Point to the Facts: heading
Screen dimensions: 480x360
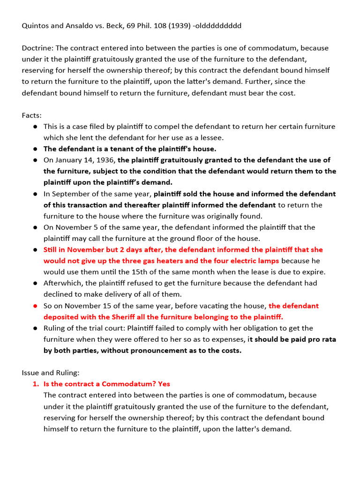[32, 115]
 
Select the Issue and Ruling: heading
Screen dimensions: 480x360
[51, 373]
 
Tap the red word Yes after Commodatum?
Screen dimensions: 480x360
[164, 384]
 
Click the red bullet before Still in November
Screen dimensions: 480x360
[35, 250]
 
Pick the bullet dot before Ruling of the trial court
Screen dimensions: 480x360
[35, 328]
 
